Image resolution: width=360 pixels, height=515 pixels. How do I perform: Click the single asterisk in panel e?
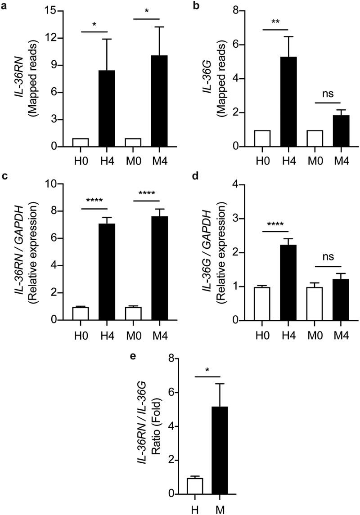[207, 370]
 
